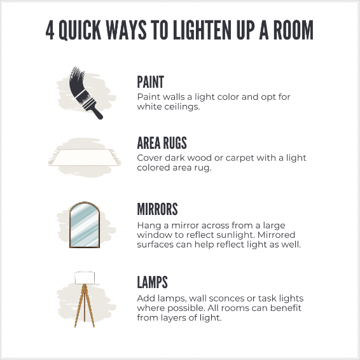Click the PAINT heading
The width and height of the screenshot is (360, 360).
[151, 82]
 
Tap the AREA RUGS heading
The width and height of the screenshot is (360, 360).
[162, 142]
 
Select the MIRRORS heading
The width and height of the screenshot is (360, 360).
[157, 209]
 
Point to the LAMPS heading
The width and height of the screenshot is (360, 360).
[153, 282]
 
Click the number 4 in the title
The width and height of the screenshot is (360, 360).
[50, 30]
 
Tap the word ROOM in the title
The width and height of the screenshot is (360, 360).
[291, 30]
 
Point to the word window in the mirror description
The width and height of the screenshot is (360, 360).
[153, 235]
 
